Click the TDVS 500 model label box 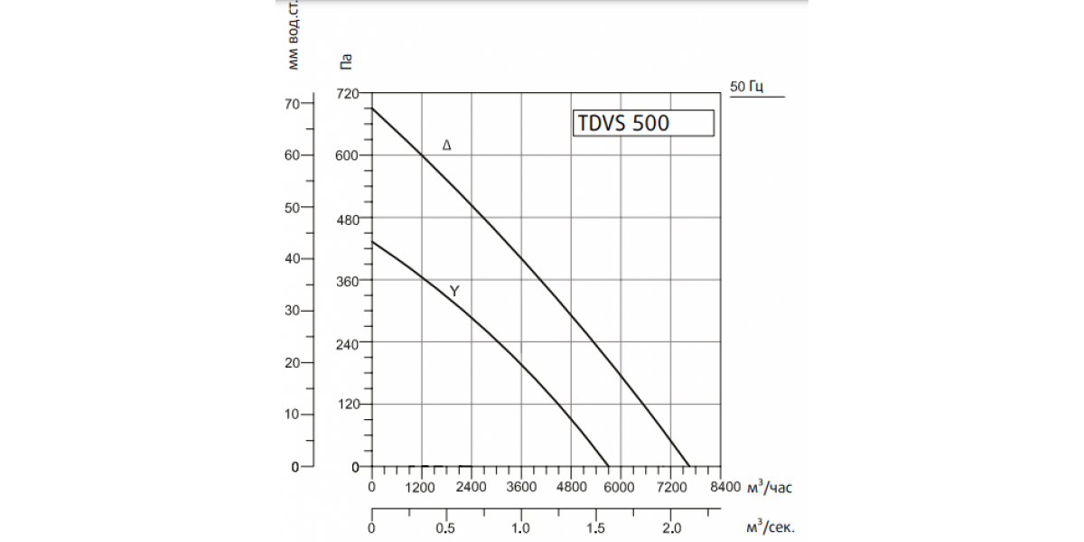click(643, 123)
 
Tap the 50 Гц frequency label click(747, 87)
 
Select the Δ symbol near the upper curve click(446, 145)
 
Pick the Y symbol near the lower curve click(454, 291)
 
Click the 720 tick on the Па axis click(348, 93)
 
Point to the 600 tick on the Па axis click(347, 155)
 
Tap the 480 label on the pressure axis click(348, 220)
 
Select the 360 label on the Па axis click(348, 281)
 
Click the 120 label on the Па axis click(349, 404)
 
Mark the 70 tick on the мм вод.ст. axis click(293, 104)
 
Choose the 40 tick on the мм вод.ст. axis click(293, 259)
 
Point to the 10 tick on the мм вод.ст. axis click(293, 415)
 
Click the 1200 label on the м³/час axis click(420, 487)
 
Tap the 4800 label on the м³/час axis click(572, 487)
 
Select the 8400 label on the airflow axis click(725, 487)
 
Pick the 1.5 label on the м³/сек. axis click(595, 528)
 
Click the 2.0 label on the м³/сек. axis click(672, 528)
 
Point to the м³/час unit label click(770, 486)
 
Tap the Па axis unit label click(345, 62)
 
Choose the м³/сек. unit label click(771, 527)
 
